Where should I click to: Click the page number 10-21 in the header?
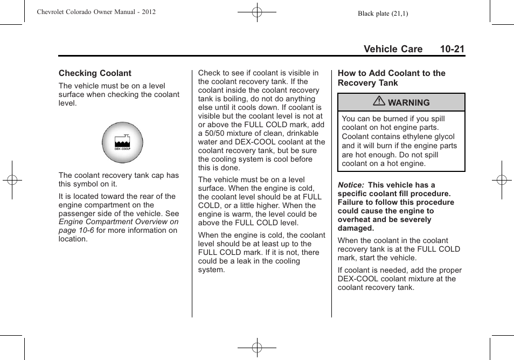[x=452, y=49]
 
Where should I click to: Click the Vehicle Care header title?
[x=393, y=49]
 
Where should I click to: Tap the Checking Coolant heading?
[x=95, y=73]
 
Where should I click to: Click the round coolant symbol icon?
[x=122, y=143]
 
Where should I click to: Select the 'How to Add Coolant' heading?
[x=391, y=78]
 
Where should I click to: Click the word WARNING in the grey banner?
[x=408, y=102]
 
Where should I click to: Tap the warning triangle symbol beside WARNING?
[x=380, y=102]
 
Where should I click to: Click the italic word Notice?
[x=351, y=185]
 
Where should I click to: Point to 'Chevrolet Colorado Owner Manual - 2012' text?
[x=96, y=12]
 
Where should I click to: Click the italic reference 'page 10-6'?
[x=77, y=230]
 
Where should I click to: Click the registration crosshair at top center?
[x=257, y=11]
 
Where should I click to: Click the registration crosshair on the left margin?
[x=12, y=180]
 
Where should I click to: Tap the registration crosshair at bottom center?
[x=257, y=348]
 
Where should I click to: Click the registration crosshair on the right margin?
[x=502, y=180]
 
